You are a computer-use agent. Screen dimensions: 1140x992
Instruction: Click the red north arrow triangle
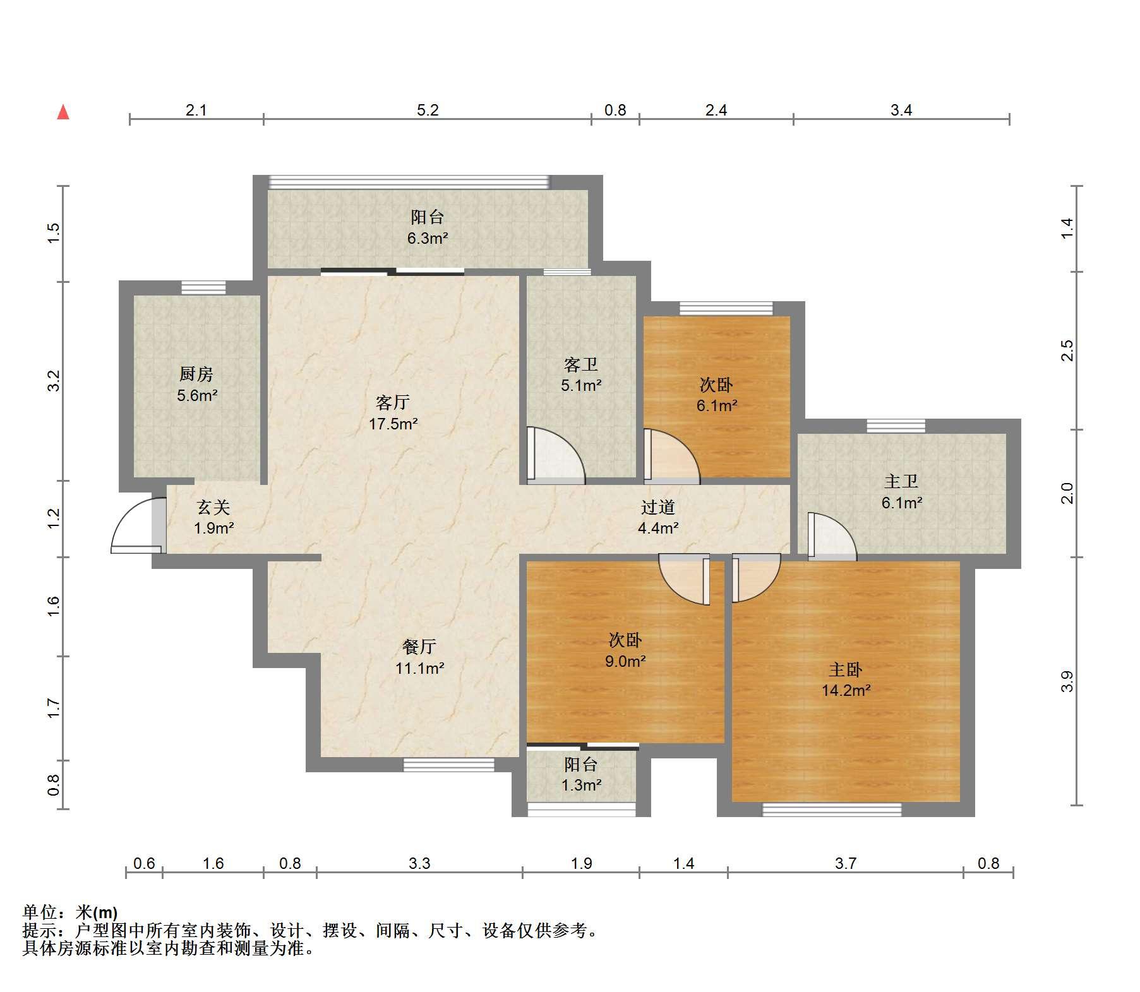point(63,112)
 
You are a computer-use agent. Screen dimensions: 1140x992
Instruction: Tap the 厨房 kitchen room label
point(196,374)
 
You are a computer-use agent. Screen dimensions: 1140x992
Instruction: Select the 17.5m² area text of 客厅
point(393,424)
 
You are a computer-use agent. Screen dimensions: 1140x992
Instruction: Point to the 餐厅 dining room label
point(419,647)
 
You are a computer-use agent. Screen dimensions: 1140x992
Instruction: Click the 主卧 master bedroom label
point(846,669)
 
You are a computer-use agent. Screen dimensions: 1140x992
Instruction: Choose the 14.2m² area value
point(846,691)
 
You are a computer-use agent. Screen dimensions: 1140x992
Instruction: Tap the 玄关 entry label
point(213,507)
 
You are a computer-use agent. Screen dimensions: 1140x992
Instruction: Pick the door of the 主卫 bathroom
point(832,537)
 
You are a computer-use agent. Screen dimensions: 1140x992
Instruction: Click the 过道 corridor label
point(658,507)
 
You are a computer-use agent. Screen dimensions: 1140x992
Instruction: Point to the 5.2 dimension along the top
point(428,110)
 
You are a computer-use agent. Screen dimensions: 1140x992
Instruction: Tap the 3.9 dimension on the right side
point(1067,681)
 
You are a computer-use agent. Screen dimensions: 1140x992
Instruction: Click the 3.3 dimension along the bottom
point(419,863)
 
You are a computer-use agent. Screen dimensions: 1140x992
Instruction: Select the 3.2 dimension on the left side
point(54,381)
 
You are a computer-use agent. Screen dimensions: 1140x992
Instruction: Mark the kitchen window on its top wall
point(203,288)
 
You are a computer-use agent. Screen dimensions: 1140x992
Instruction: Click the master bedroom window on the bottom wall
point(832,809)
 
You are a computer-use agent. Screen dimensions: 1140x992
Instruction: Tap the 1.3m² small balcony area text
point(582,785)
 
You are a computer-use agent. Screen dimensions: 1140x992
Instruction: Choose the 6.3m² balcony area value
point(428,239)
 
